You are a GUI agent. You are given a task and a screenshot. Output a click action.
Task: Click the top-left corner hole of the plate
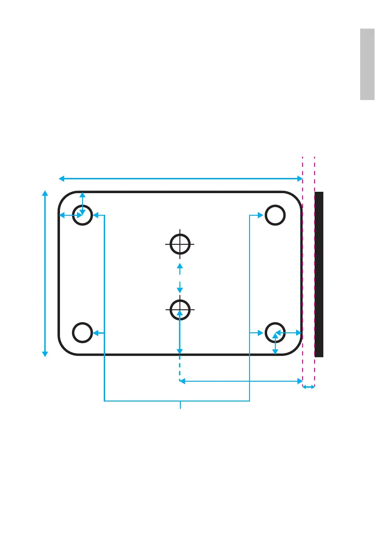(83, 215)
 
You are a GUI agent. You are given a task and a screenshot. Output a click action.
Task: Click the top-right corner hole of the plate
(275, 215)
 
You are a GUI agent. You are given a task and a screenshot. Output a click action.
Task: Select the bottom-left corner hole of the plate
(83, 333)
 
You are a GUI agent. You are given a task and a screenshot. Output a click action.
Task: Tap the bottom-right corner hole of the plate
(275, 332)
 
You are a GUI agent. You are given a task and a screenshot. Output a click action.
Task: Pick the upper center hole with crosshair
(180, 244)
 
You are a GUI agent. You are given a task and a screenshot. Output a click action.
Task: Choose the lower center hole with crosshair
(180, 309)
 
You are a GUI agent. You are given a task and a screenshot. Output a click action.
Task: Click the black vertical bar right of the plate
(319, 274)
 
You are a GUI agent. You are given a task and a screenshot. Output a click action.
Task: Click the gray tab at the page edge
(367, 64)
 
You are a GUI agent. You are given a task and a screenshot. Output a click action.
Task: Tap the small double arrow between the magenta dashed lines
(309, 387)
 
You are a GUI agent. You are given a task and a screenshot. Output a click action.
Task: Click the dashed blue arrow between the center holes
(180, 277)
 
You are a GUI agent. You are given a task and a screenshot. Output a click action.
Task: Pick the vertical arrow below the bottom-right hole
(275, 344)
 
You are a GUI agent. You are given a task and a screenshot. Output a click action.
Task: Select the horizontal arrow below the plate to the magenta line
(240, 381)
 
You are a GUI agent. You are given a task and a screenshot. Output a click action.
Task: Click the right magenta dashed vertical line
(315, 175)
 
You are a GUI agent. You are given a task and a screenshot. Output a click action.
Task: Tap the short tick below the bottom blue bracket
(180, 405)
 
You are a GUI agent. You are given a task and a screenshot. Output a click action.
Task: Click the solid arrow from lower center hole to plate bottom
(179, 332)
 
